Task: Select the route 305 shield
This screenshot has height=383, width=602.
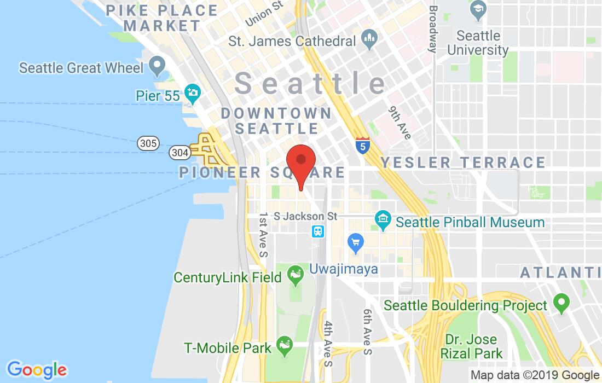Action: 148,144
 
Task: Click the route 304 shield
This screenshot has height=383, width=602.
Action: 180,152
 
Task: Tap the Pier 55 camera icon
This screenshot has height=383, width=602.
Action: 192,94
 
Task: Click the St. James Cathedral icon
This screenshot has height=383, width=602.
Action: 367,40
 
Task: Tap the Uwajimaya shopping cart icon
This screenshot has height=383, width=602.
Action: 356,242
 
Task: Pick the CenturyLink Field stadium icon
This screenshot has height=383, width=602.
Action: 296,275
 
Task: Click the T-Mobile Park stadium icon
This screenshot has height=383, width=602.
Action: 284,345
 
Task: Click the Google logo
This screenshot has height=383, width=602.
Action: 37,370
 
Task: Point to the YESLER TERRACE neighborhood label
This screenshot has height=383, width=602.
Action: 463,163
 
